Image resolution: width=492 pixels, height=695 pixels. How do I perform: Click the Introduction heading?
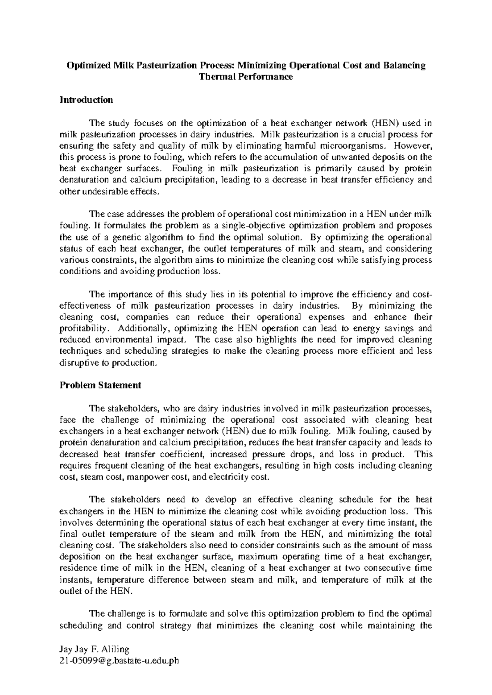[x=86, y=100]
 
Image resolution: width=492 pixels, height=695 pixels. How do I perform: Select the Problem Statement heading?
[x=100, y=386]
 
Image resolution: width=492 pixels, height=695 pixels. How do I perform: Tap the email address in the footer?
[x=120, y=661]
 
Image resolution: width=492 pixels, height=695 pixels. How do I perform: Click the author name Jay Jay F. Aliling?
[x=95, y=650]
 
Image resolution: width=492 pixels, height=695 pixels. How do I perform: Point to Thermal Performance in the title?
[x=246, y=77]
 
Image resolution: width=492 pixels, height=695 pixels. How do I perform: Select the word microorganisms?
[x=353, y=145]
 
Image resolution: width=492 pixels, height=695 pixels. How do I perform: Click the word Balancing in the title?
[x=405, y=66]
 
